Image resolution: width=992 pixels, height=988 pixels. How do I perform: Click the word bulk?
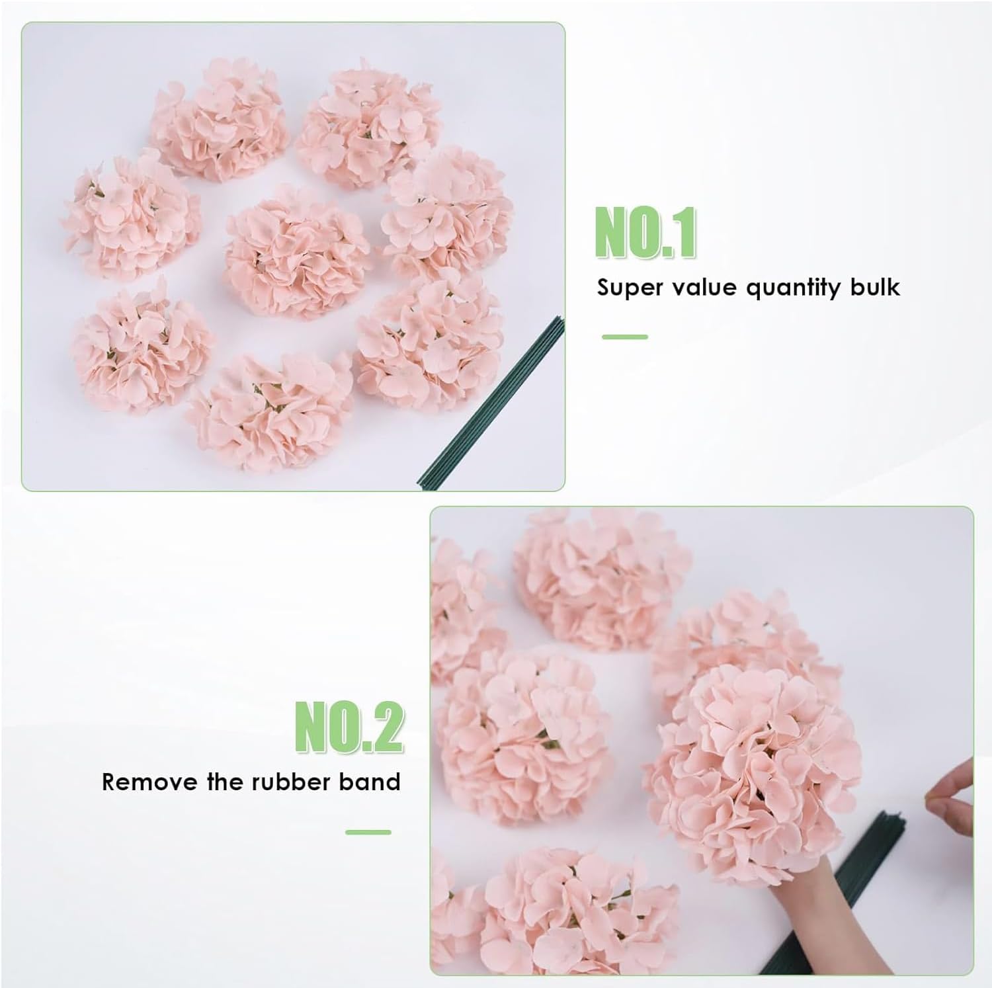[x=873, y=287]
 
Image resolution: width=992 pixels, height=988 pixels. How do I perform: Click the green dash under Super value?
[x=624, y=337]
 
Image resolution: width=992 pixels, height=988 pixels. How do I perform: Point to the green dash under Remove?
[x=368, y=832]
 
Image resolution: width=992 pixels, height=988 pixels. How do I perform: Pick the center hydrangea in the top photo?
[x=297, y=252]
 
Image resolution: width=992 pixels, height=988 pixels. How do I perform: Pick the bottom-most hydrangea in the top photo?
[x=270, y=411]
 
